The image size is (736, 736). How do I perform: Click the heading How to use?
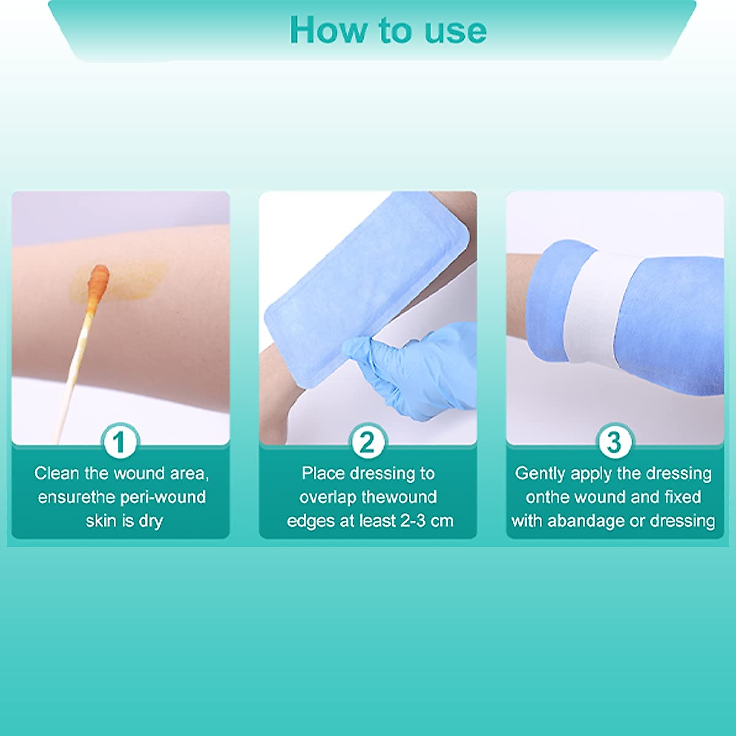tap(388, 29)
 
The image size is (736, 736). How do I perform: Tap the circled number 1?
tap(120, 442)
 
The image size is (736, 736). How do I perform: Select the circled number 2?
tap(367, 442)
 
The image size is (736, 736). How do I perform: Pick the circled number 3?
tap(614, 442)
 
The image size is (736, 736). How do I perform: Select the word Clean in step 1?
tap(56, 473)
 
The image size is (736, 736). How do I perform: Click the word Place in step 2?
tap(323, 473)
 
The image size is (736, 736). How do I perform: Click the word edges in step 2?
tap(309, 521)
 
